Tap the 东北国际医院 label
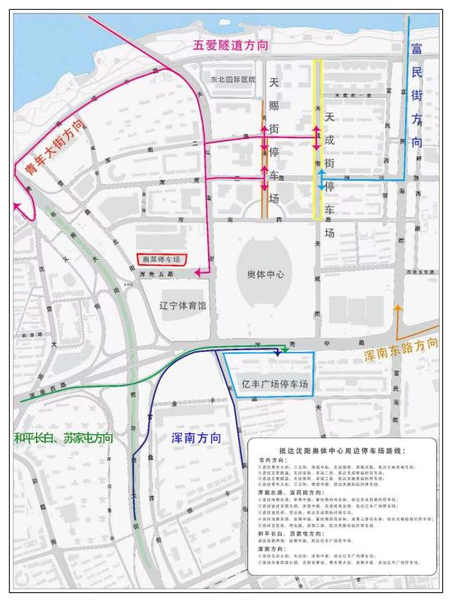tap(229, 80)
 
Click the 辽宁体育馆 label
tap(182, 305)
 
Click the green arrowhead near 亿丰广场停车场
tap(284, 350)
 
